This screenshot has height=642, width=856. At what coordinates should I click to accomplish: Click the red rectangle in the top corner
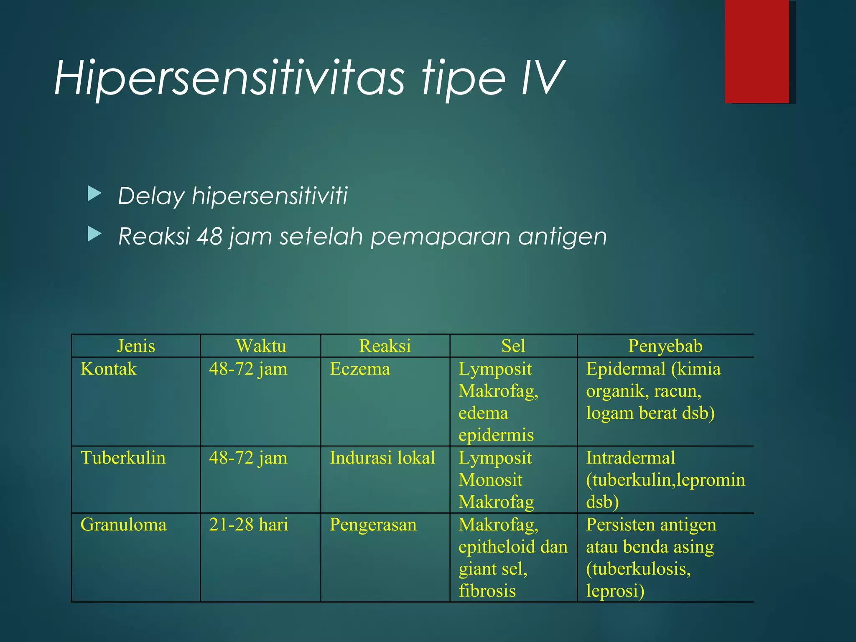[x=757, y=51]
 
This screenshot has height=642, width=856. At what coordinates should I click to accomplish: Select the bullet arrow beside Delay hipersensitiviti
[x=95, y=194]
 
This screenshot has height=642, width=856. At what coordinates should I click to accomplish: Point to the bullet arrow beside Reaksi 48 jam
[x=95, y=234]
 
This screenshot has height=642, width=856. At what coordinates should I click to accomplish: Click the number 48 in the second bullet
[x=209, y=236]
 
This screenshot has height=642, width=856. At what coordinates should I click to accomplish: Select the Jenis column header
[x=136, y=346]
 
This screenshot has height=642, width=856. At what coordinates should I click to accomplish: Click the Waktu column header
[x=261, y=346]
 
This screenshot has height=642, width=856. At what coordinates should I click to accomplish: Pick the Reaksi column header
[x=385, y=346]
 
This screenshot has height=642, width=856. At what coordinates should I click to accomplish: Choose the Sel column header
[x=513, y=346]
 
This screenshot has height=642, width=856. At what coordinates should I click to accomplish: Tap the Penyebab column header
[x=665, y=346]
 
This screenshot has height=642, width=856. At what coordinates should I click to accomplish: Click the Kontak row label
[x=109, y=369]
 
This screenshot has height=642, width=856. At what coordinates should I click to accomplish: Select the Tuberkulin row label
[x=123, y=458]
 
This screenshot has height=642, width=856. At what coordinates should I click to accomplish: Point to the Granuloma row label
[x=123, y=525]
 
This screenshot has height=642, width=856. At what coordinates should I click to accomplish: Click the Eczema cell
[x=360, y=369]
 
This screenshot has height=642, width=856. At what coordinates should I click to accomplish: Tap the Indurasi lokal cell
[x=382, y=458]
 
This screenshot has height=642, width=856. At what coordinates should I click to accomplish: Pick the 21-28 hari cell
[x=249, y=525]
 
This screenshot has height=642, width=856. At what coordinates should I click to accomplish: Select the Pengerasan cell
[x=373, y=525]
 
